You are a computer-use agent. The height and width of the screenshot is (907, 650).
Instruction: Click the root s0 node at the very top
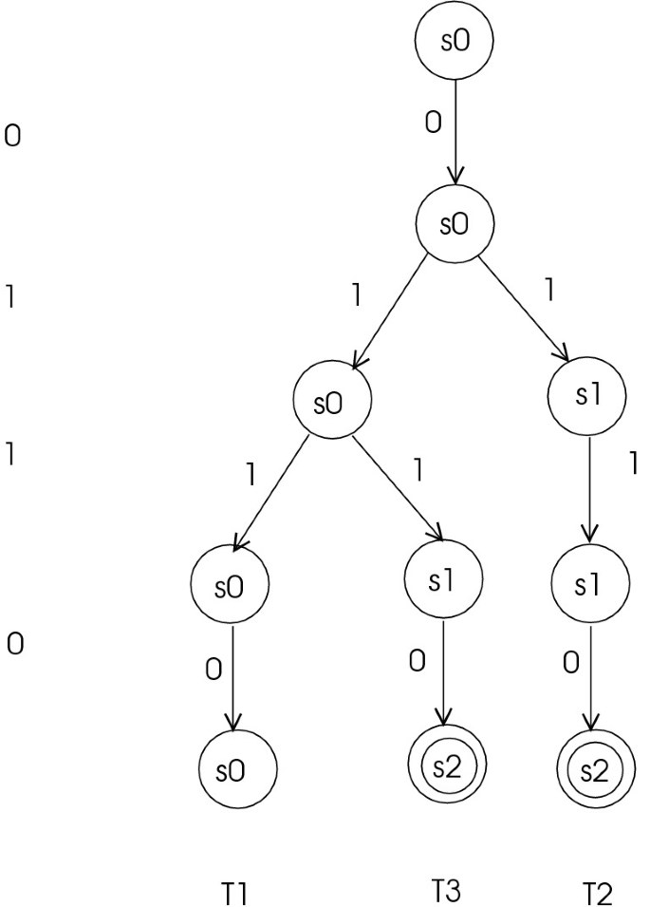(455, 44)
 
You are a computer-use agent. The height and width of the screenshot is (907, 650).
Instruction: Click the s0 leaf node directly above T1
(236, 769)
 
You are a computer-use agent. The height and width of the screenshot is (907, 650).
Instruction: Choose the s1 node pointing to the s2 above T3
(442, 581)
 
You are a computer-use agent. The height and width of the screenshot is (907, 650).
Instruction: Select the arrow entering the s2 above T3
(442, 674)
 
